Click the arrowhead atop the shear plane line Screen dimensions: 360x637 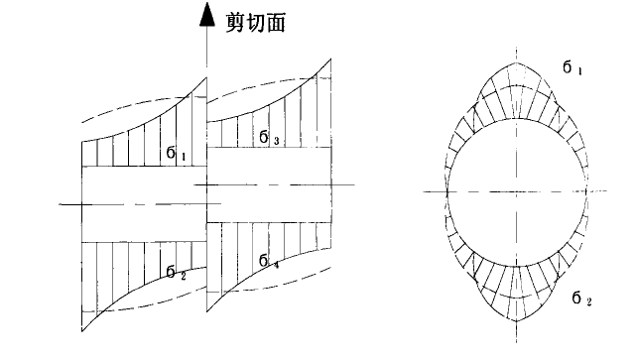[x=206, y=14]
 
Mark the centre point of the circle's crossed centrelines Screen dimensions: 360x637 [x=516, y=190]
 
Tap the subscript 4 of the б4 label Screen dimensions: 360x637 [x=276, y=264]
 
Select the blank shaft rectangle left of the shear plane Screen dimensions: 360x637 [x=143, y=203]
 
